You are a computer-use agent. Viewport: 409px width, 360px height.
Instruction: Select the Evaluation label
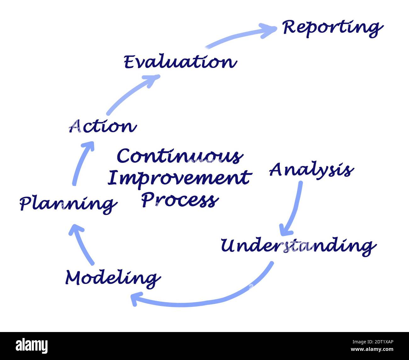coord(180,62)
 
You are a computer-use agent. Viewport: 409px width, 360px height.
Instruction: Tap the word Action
coord(103,126)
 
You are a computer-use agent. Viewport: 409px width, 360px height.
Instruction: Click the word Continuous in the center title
coord(180,156)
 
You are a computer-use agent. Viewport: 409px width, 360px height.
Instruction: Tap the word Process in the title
coord(180,200)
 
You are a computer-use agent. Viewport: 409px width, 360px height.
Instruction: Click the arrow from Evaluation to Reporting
coord(239,36)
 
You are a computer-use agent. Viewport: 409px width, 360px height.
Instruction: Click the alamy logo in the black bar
coord(32,346)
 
